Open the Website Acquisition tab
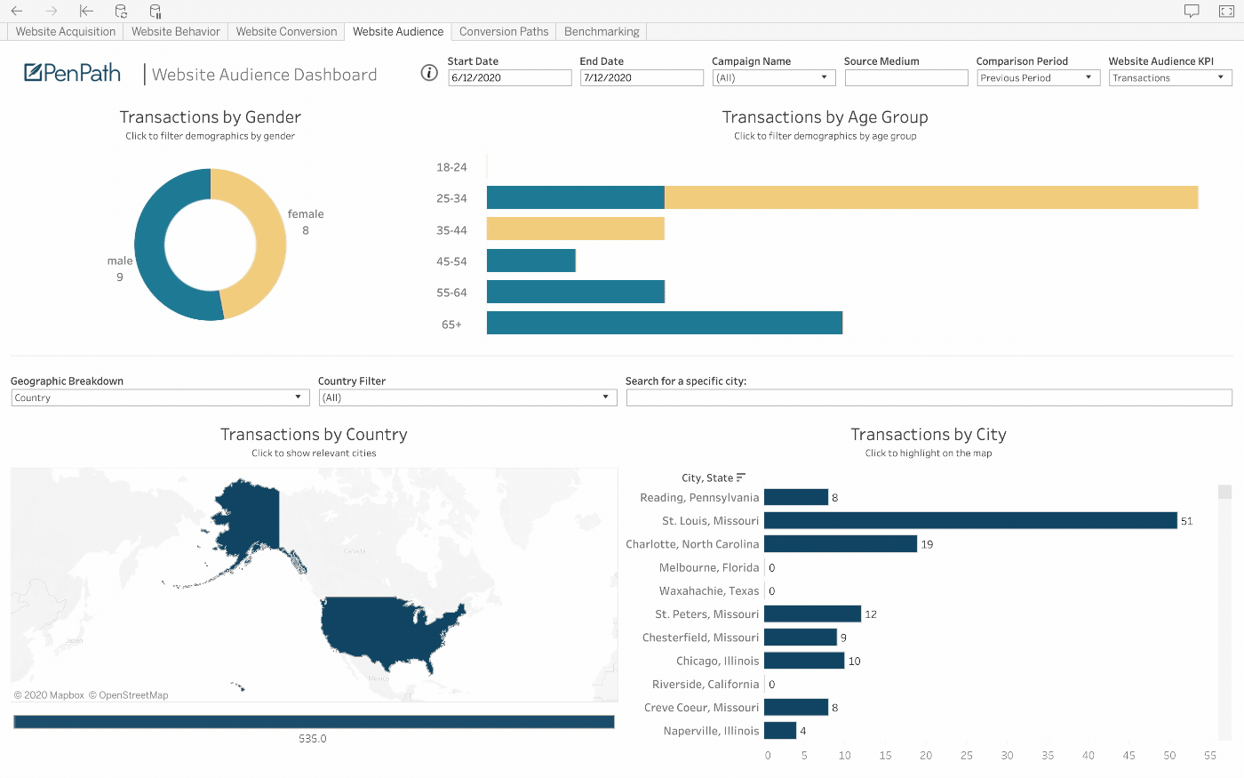tap(66, 31)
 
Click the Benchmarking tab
tap(602, 31)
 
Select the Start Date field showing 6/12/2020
tap(509, 78)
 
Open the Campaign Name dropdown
tap(773, 78)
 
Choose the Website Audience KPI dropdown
tap(1169, 78)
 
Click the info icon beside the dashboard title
tap(429, 73)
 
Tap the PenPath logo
tap(73, 73)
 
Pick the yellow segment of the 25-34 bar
tap(931, 197)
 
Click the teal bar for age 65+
tap(664, 323)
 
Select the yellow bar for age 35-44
tap(575, 229)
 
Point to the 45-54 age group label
tap(451, 261)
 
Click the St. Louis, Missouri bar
tap(970, 520)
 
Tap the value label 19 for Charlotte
tap(927, 544)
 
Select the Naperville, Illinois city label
tap(711, 731)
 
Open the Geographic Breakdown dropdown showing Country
tap(160, 398)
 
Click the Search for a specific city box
tap(929, 398)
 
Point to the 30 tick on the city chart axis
tap(1007, 756)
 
